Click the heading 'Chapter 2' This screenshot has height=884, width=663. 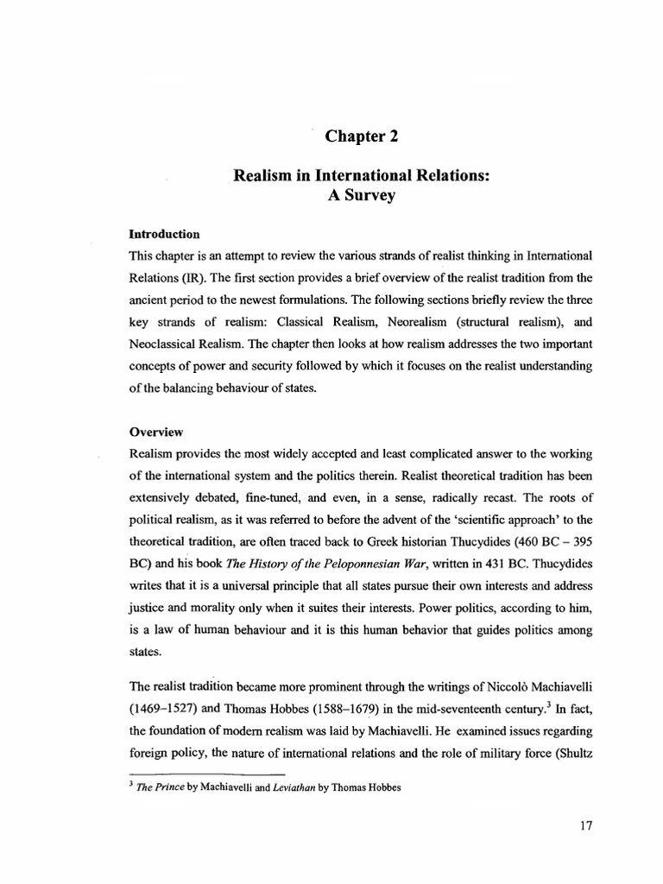click(362, 136)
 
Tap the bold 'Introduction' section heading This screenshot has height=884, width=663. click(164, 234)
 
